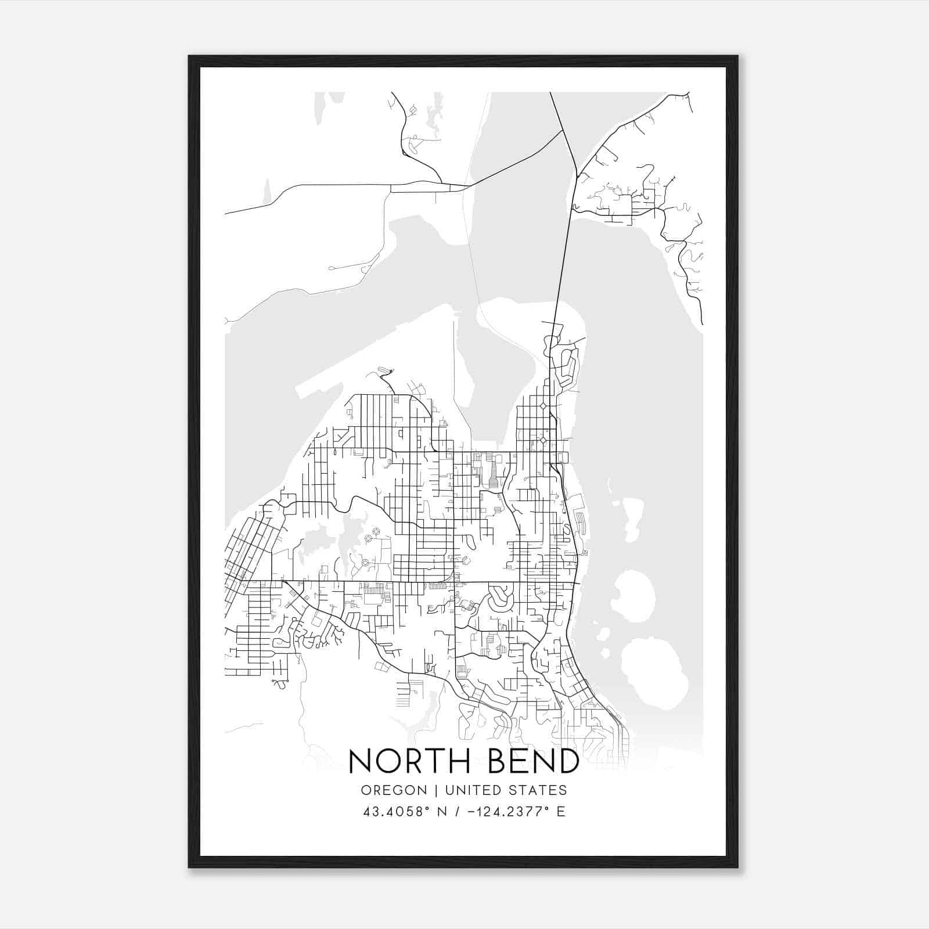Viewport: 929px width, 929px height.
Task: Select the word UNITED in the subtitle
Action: coord(475,790)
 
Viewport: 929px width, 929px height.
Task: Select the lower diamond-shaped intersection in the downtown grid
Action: coord(543,441)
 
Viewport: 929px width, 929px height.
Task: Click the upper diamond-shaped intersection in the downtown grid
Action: coord(543,406)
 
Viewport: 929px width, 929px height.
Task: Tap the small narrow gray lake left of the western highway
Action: coord(267,192)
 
